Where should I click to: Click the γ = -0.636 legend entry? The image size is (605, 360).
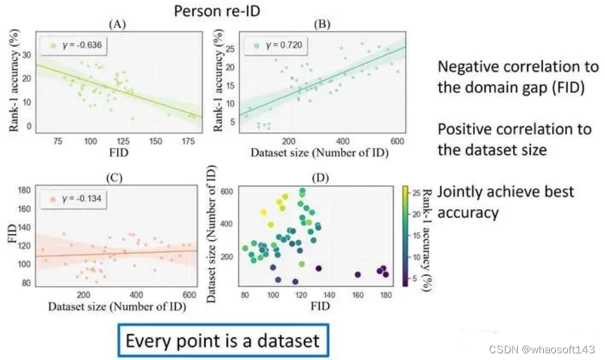pos(72,46)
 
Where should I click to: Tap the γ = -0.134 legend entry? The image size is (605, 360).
pos(72,199)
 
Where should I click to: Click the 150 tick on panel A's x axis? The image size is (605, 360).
pos(155,141)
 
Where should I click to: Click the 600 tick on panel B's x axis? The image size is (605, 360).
pos(397,141)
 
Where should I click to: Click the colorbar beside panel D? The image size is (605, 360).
pos(406,237)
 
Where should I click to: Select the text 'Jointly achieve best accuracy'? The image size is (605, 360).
pos(506,202)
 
